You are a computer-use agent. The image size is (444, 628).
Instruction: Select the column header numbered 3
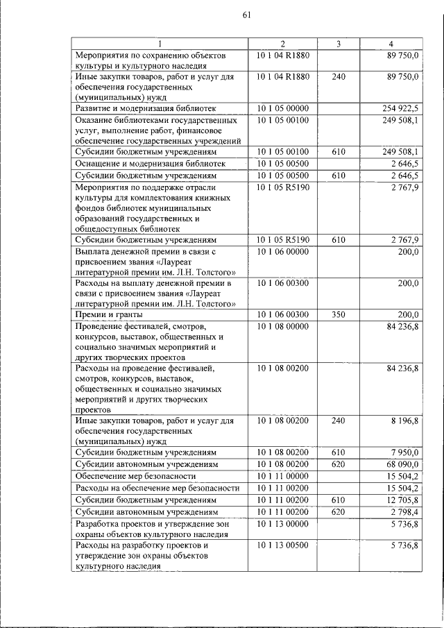[338, 44]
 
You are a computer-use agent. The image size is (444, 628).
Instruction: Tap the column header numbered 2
[282, 44]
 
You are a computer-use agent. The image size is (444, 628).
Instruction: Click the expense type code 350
[338, 314]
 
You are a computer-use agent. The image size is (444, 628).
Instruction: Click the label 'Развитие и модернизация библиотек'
[146, 109]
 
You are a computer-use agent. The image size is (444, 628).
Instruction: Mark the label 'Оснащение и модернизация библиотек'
[150, 164]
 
